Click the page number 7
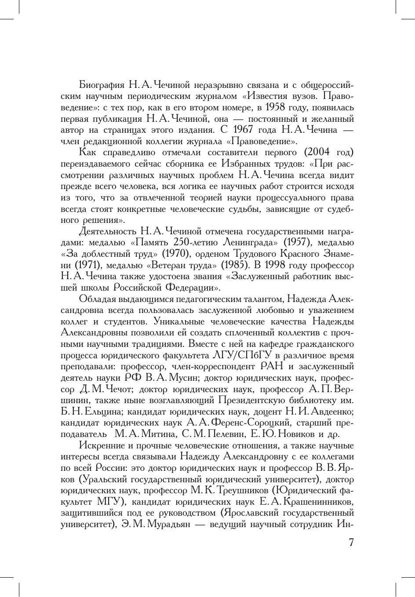[x=351, y=542]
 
